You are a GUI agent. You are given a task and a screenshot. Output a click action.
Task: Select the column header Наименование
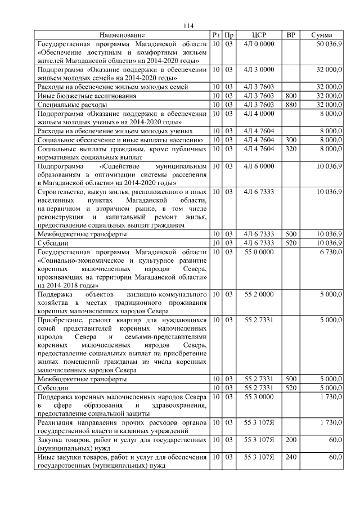click(123, 35)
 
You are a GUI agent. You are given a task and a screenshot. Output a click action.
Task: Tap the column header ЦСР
click(259, 35)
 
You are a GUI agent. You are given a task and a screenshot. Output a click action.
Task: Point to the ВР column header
click(291, 35)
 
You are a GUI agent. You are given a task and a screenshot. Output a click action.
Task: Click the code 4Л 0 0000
click(259, 43)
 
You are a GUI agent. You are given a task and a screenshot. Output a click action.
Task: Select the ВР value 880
click(291, 105)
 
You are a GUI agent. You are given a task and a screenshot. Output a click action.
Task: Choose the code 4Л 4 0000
click(259, 114)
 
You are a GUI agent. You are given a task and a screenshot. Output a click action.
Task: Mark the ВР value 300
click(291, 139)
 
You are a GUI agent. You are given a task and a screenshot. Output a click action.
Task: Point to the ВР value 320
click(291, 148)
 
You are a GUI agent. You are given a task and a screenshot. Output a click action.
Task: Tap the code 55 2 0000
click(259, 294)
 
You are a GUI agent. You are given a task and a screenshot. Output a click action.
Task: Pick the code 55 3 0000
click(259, 397)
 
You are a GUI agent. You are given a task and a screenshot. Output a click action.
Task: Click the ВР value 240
click(291, 457)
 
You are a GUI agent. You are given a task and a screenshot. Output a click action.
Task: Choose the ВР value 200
click(291, 439)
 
